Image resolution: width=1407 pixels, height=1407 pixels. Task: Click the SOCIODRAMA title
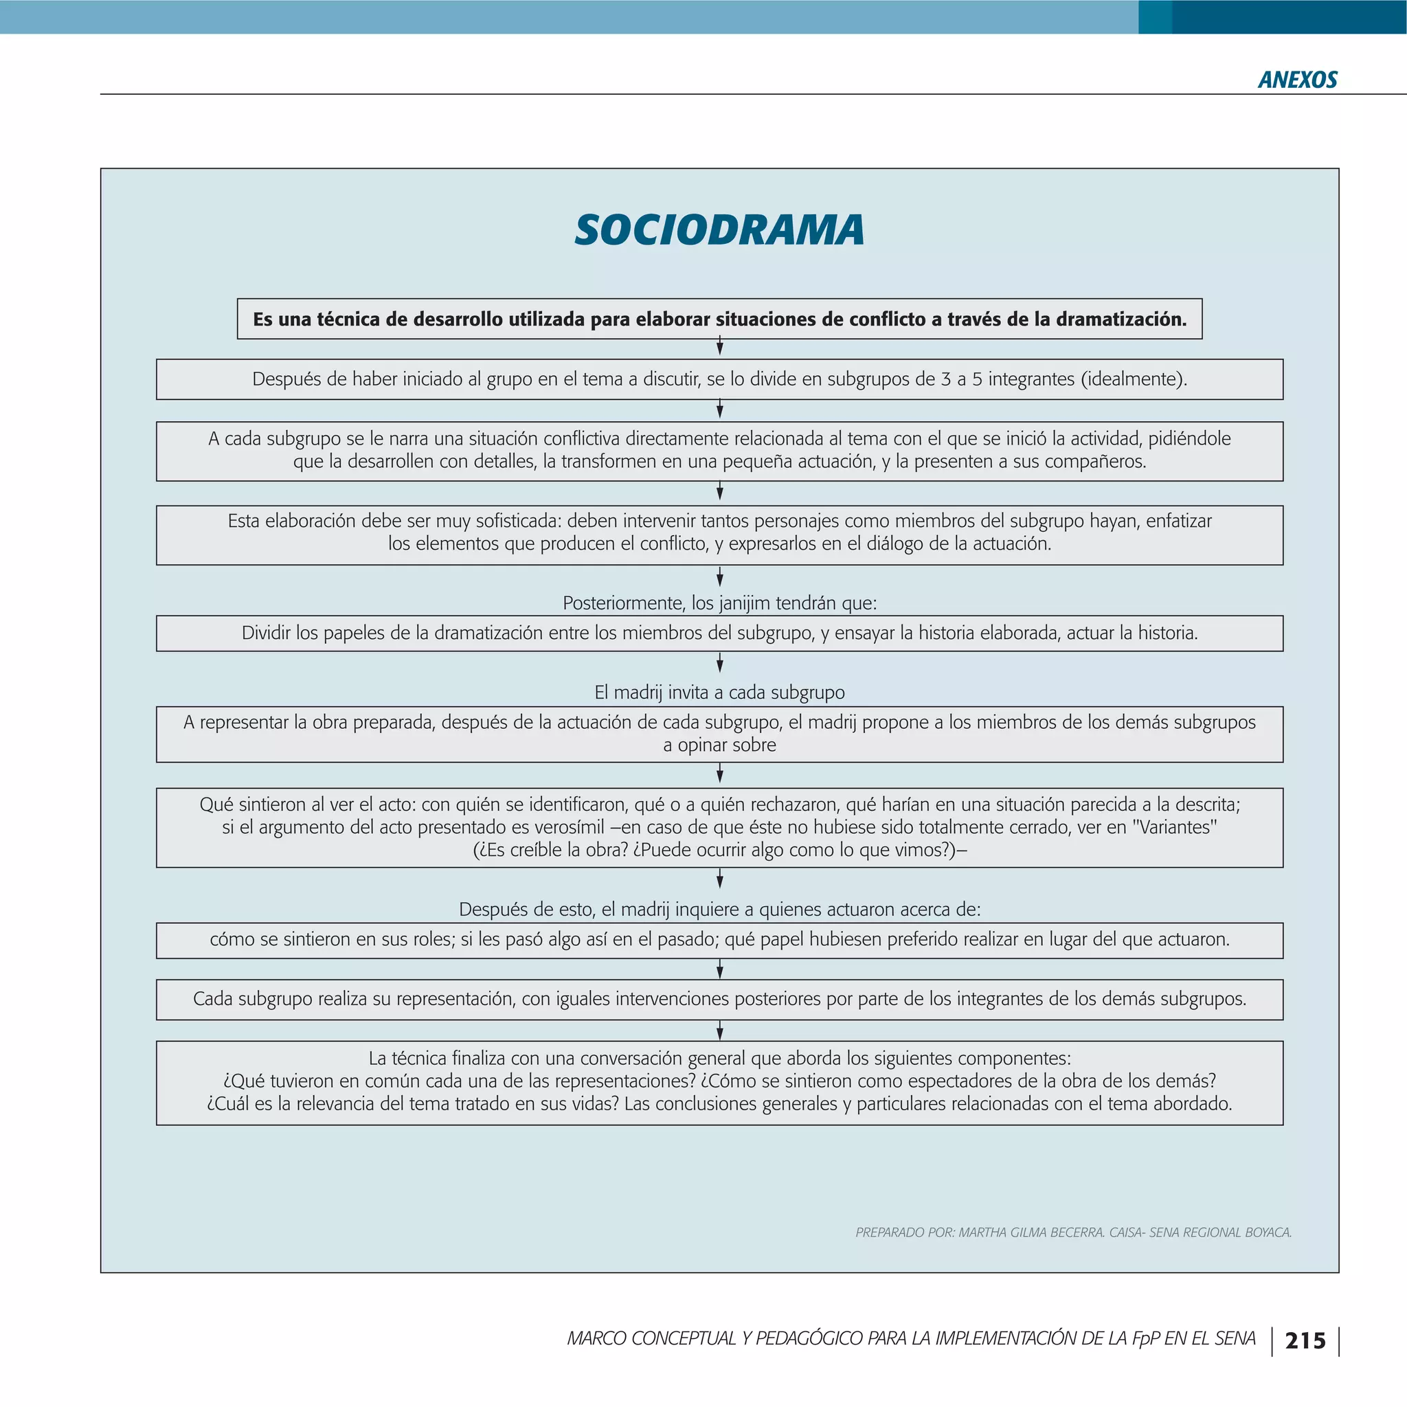(x=719, y=230)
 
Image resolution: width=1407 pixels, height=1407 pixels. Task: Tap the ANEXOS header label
(x=1297, y=80)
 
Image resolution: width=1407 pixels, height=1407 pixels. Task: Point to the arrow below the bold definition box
(x=719, y=348)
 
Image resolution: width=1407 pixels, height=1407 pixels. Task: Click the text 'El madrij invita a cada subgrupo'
(x=719, y=692)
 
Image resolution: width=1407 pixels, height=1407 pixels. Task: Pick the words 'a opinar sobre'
(x=719, y=745)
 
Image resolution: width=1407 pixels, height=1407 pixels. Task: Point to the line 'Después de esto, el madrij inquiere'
(x=719, y=909)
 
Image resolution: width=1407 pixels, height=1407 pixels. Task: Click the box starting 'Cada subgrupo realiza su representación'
(x=719, y=998)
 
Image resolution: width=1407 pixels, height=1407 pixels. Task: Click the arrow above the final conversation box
(x=719, y=1031)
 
